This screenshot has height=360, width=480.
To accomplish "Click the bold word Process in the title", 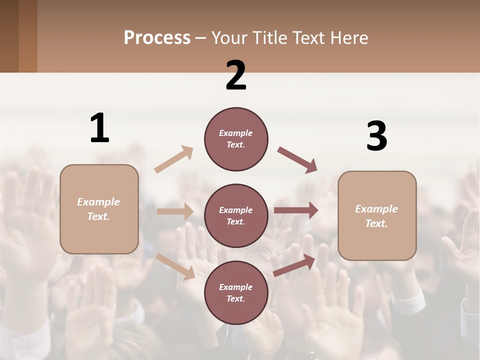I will pos(157,37).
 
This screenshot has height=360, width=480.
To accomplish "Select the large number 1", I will pos(99,128).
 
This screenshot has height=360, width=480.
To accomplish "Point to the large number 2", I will pos(236,75).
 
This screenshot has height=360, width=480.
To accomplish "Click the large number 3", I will pos(376,136).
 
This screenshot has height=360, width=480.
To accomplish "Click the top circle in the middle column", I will pos(236,139).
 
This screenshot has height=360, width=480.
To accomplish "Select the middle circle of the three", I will pos(236,215).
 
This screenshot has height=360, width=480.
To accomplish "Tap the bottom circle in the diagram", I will pos(236,292).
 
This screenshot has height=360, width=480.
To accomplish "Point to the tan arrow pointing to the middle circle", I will pos(175,211).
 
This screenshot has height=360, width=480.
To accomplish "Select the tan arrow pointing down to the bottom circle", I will pos(175,266).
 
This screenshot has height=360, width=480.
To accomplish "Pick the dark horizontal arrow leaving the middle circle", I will pos(296,210).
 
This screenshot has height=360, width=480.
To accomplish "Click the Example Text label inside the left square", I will pos(98,209).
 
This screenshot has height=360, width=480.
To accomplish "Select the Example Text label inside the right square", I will pos(376,216).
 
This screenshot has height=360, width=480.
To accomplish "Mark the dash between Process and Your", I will pos(200,38).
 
